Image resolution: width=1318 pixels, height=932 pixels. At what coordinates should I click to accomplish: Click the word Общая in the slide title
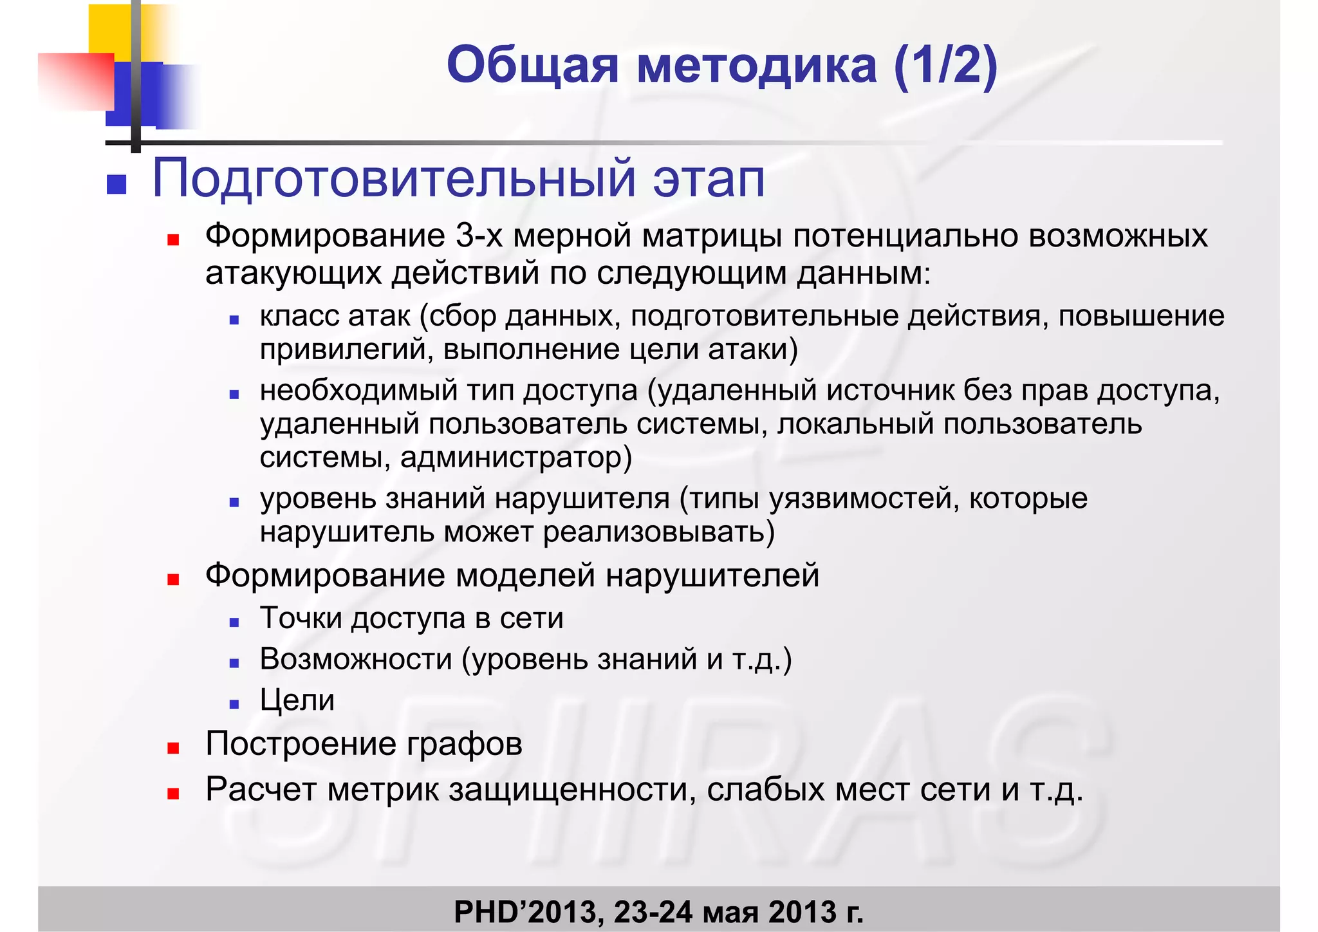click(x=532, y=66)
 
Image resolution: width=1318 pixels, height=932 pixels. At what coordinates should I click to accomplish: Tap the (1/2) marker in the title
click(x=945, y=66)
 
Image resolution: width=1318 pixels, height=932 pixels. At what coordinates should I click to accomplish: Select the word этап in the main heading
click(x=709, y=179)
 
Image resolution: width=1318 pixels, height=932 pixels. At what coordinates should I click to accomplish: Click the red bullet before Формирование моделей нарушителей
click(x=172, y=580)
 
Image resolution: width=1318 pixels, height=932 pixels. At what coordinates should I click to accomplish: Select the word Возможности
click(x=356, y=659)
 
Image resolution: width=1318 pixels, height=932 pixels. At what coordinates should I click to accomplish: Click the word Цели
click(x=297, y=700)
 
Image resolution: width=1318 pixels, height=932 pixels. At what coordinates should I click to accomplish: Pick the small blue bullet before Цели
click(x=234, y=705)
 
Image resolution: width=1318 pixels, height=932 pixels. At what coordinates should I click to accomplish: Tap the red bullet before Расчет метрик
click(x=172, y=794)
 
